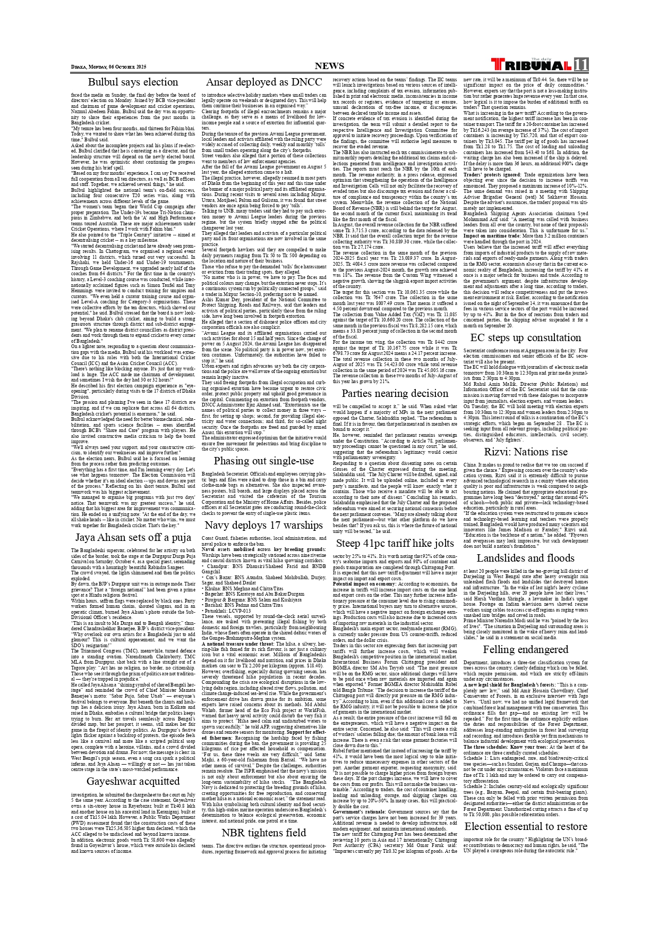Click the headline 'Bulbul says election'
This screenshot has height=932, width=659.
coord(133,82)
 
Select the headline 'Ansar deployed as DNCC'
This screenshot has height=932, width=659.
coord(263,82)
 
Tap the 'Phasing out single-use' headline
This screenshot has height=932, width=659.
coord(263,461)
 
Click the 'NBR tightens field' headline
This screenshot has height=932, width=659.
coord(263,832)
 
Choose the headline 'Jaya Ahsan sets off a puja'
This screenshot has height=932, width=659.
coord(133,537)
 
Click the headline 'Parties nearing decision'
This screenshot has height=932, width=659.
coord(395,393)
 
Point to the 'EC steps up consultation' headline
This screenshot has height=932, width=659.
coord(525,337)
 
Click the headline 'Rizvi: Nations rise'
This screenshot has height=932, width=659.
coord(525,452)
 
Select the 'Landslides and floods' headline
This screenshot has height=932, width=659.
coord(525,558)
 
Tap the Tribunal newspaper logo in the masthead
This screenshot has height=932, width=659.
coord(531,65)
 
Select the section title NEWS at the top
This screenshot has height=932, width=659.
coord(329,66)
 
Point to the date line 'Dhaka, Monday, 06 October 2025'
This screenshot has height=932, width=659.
coord(109,67)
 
